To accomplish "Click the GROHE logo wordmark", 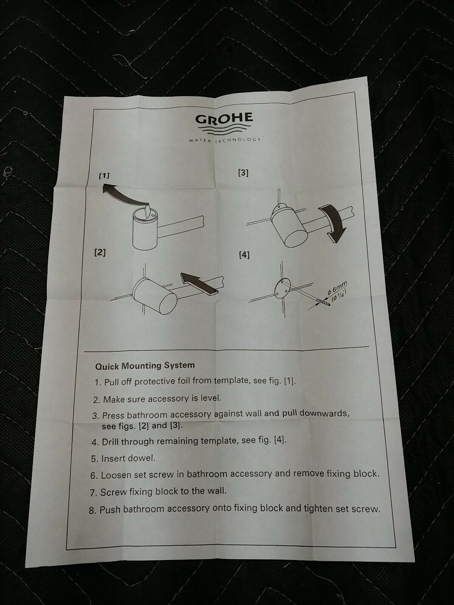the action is click(224, 118).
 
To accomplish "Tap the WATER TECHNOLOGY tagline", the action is click(225, 140).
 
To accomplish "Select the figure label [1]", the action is click(104, 176).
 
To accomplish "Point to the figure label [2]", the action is click(100, 253).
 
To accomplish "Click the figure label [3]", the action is click(243, 173).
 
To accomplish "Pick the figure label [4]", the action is click(244, 255).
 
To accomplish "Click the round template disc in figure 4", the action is click(283, 288).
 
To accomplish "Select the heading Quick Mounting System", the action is click(145, 366).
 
